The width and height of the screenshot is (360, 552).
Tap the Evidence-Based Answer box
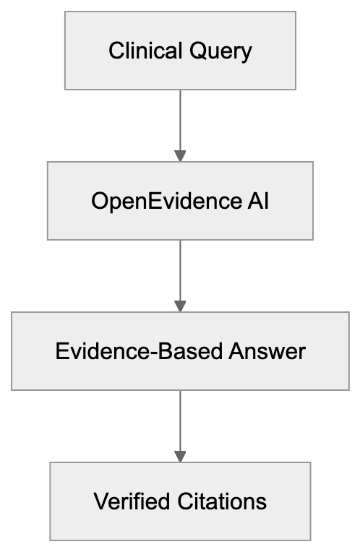(x=180, y=351)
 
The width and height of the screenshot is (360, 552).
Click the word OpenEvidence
(x=163, y=201)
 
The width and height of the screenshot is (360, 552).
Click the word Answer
(x=267, y=352)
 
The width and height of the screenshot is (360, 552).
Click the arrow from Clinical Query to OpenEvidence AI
(x=180, y=123)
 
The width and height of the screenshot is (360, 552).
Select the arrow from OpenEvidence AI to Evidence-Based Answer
(x=180, y=273)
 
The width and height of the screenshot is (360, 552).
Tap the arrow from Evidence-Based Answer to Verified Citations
(x=180, y=423)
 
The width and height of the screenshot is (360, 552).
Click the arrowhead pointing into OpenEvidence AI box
(x=180, y=155)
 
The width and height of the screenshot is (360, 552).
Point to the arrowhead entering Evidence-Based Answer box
(x=180, y=306)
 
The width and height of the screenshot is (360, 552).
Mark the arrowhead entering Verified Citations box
(x=180, y=456)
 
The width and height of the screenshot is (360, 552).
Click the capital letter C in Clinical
(x=115, y=51)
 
